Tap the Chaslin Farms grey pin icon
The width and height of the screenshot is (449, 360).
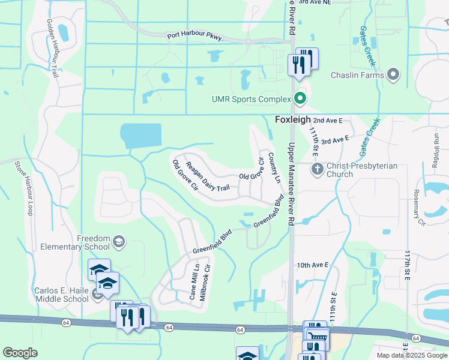coord(394,75)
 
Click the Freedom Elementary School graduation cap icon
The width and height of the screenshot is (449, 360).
coord(119,242)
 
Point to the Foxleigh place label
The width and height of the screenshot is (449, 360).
coord(292,119)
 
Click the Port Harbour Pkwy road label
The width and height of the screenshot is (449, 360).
coord(194,37)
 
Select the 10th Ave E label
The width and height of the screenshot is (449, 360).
coord(313,265)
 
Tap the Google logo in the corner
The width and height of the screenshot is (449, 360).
coord(20,353)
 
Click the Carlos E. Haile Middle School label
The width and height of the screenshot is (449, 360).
coord(61,295)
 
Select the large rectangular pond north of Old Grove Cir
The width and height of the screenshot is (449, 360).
coord(141,136)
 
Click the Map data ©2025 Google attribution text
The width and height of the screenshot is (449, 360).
coord(411,355)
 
